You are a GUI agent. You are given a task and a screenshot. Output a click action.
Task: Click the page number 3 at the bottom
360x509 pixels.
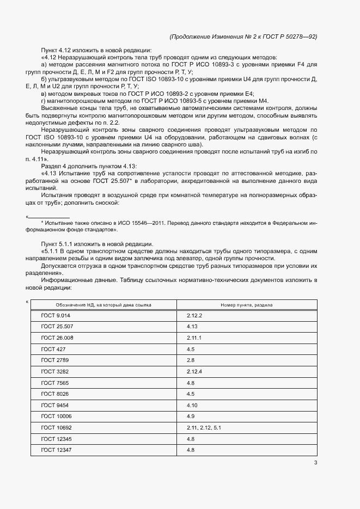click(315, 463)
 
